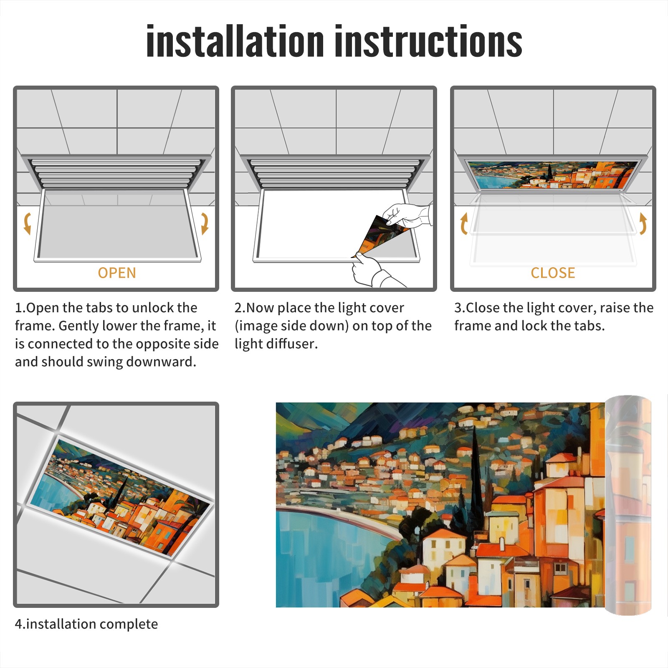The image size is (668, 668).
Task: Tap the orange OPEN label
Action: pos(117,273)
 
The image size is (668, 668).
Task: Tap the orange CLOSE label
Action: pos(553,273)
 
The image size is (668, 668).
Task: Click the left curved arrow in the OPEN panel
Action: pos(28,223)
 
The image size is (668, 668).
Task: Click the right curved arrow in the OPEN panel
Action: pos(205,223)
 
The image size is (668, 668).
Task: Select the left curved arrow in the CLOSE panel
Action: pos(464,223)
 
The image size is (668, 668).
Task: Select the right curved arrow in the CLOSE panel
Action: pos(643,223)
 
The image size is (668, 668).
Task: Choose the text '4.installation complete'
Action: pos(86,624)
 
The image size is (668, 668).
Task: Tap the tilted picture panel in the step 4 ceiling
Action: pos(120,497)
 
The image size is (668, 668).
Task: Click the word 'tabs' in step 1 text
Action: pos(99,308)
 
